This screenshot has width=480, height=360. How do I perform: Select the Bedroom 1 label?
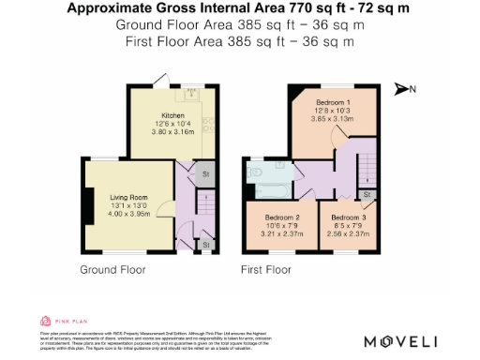(333, 101)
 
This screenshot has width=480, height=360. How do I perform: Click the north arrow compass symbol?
(404, 89)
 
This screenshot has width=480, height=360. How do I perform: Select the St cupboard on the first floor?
(367, 195)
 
